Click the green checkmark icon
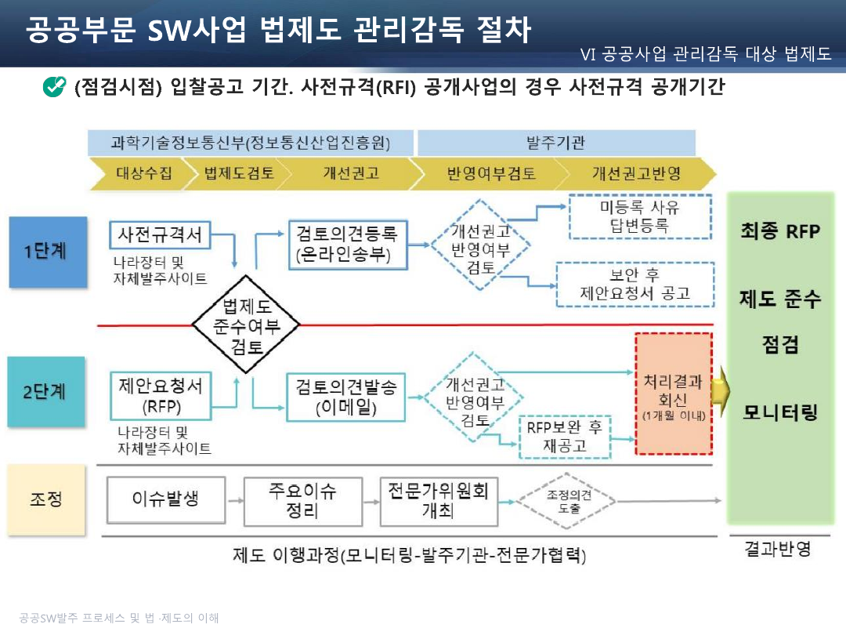[54, 86]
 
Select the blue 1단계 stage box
[48, 252]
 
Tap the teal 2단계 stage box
[46, 391]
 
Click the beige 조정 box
[46, 499]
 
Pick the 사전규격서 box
[160, 235]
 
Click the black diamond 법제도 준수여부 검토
[246, 325]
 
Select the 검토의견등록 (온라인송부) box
[348, 245]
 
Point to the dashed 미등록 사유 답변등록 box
[641, 216]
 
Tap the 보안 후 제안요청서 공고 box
[635, 285]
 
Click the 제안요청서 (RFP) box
[161, 396]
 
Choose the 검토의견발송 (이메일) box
[346, 397]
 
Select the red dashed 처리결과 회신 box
[674, 394]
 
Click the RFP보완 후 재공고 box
[565, 437]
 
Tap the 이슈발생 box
[166, 500]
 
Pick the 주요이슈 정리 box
[303, 501]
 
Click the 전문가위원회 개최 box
[439, 501]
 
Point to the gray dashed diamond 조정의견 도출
[566, 501]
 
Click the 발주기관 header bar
[556, 143]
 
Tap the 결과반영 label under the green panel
[778, 549]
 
